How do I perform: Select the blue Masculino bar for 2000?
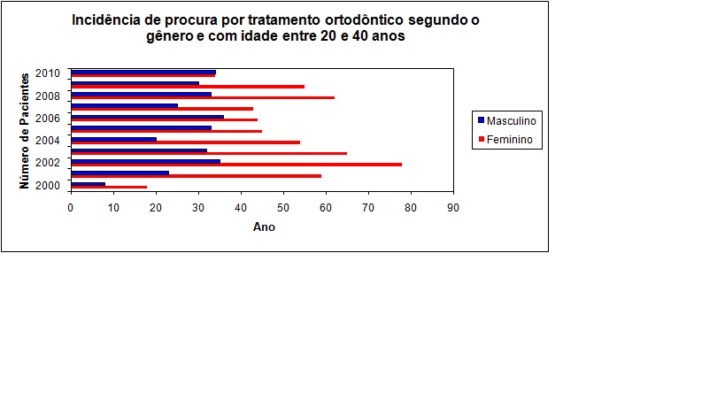point(88,184)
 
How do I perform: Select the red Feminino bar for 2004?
point(185,142)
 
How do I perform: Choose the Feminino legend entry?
point(509,139)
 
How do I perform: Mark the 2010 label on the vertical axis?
point(48,73)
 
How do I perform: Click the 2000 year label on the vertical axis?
point(48,185)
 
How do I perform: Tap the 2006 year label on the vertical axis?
point(48,118)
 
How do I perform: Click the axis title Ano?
point(264,227)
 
